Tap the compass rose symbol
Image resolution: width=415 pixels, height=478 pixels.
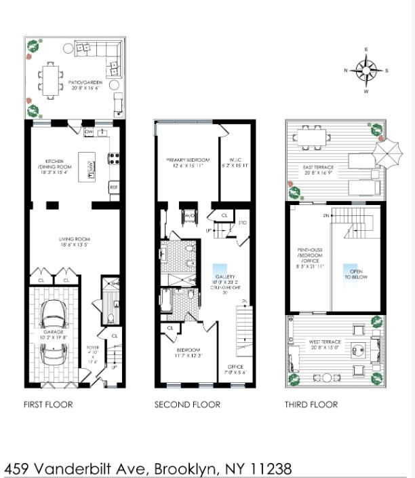[366, 70]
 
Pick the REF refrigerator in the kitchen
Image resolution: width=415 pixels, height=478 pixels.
[114, 186]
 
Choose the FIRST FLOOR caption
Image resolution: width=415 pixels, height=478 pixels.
[47, 405]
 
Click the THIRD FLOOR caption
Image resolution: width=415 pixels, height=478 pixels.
[311, 405]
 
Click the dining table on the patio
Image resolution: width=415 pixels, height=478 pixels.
[51, 79]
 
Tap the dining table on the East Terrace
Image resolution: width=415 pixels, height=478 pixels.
[313, 139]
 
